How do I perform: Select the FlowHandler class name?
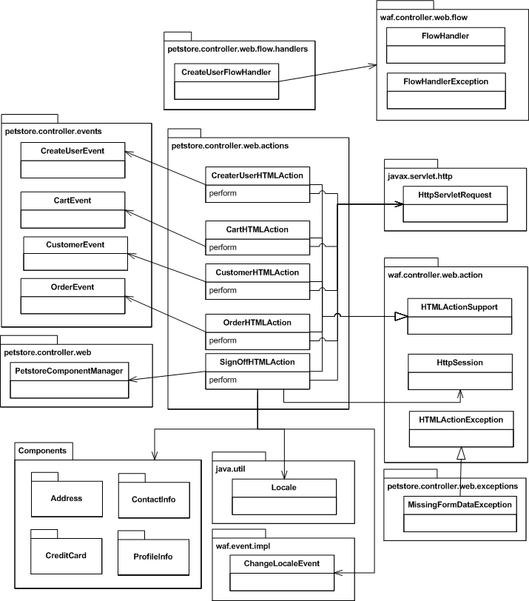tap(445, 35)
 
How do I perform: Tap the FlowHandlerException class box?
tap(445, 90)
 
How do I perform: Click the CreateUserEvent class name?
tap(73, 151)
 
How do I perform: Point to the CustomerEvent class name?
tap(75, 244)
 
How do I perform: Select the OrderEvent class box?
tap(73, 295)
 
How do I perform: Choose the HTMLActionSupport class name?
tap(459, 306)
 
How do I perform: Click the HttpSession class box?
tap(460, 370)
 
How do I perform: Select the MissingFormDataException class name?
tap(459, 505)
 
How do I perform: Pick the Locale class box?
tap(284, 496)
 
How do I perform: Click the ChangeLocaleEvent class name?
tap(282, 564)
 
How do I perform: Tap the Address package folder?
tap(67, 498)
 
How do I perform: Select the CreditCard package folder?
tap(67, 555)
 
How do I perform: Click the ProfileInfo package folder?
tap(155, 556)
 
